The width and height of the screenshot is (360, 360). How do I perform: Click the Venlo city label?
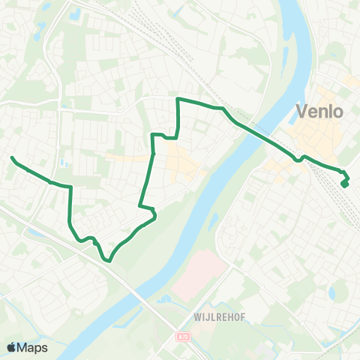point(320,112)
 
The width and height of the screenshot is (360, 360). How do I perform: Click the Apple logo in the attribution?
point(11,347)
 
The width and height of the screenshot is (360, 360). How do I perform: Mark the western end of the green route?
point(13,157)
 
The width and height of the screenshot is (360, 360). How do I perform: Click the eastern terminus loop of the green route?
point(345,181)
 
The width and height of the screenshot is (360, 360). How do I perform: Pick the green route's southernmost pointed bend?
point(109,261)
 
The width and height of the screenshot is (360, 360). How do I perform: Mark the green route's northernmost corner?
point(178,99)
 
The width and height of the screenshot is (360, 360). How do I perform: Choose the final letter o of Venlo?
point(338,112)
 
